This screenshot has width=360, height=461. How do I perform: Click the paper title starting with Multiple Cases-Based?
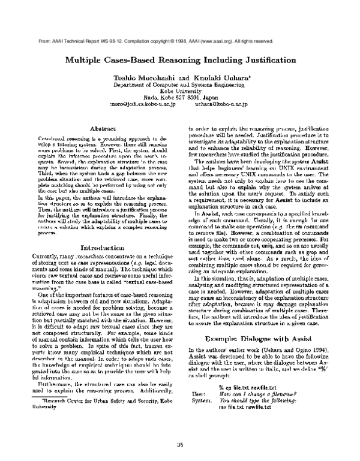click(x=179, y=61)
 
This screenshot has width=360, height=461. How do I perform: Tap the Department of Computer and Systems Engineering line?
click(x=179, y=85)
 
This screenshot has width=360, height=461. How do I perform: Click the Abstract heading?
click(x=98, y=128)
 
